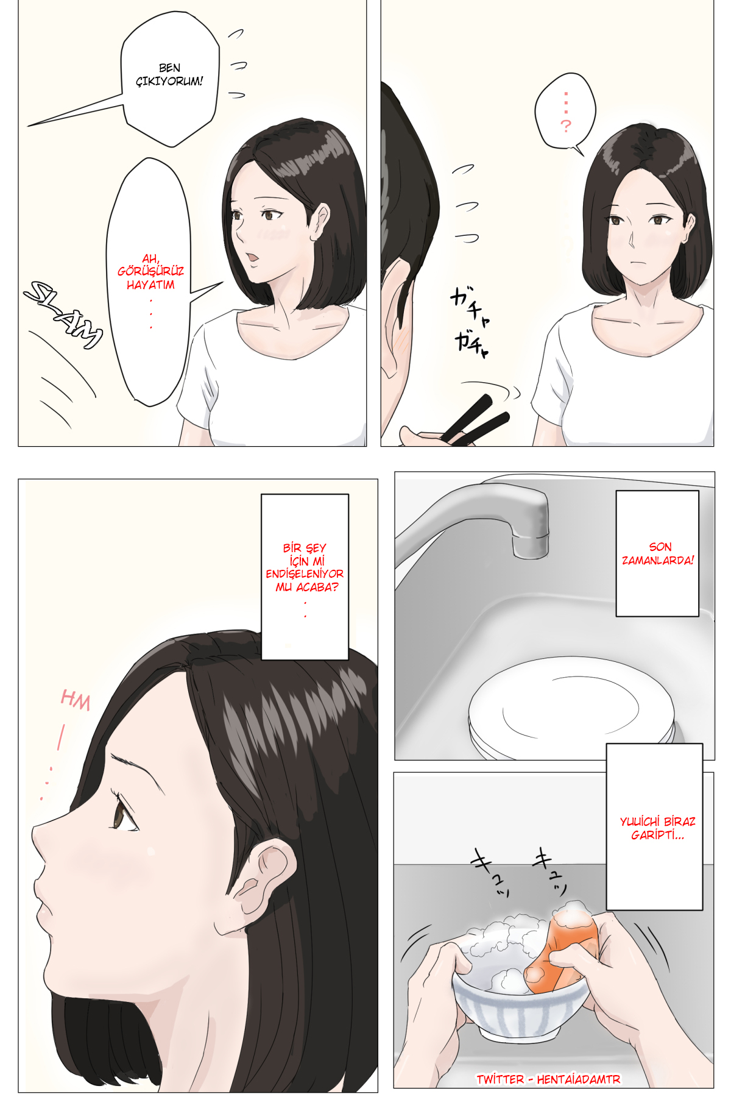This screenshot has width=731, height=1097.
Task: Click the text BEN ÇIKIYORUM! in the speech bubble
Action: pyautogui.click(x=169, y=74)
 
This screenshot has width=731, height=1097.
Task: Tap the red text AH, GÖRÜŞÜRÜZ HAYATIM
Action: pyautogui.click(x=150, y=272)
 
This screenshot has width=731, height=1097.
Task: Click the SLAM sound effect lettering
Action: pyautogui.click(x=63, y=314)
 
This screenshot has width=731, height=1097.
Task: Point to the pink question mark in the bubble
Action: pyautogui.click(x=566, y=126)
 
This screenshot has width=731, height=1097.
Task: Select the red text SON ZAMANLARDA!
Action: pyautogui.click(x=658, y=553)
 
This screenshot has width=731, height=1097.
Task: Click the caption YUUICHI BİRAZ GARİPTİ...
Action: pyautogui.click(x=657, y=828)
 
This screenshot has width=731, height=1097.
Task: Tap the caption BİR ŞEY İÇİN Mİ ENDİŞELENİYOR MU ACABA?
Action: pyautogui.click(x=305, y=567)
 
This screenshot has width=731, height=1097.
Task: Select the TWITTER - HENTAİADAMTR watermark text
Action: pyautogui.click(x=548, y=1079)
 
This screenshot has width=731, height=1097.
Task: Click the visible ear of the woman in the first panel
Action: pyautogui.click(x=320, y=221)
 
